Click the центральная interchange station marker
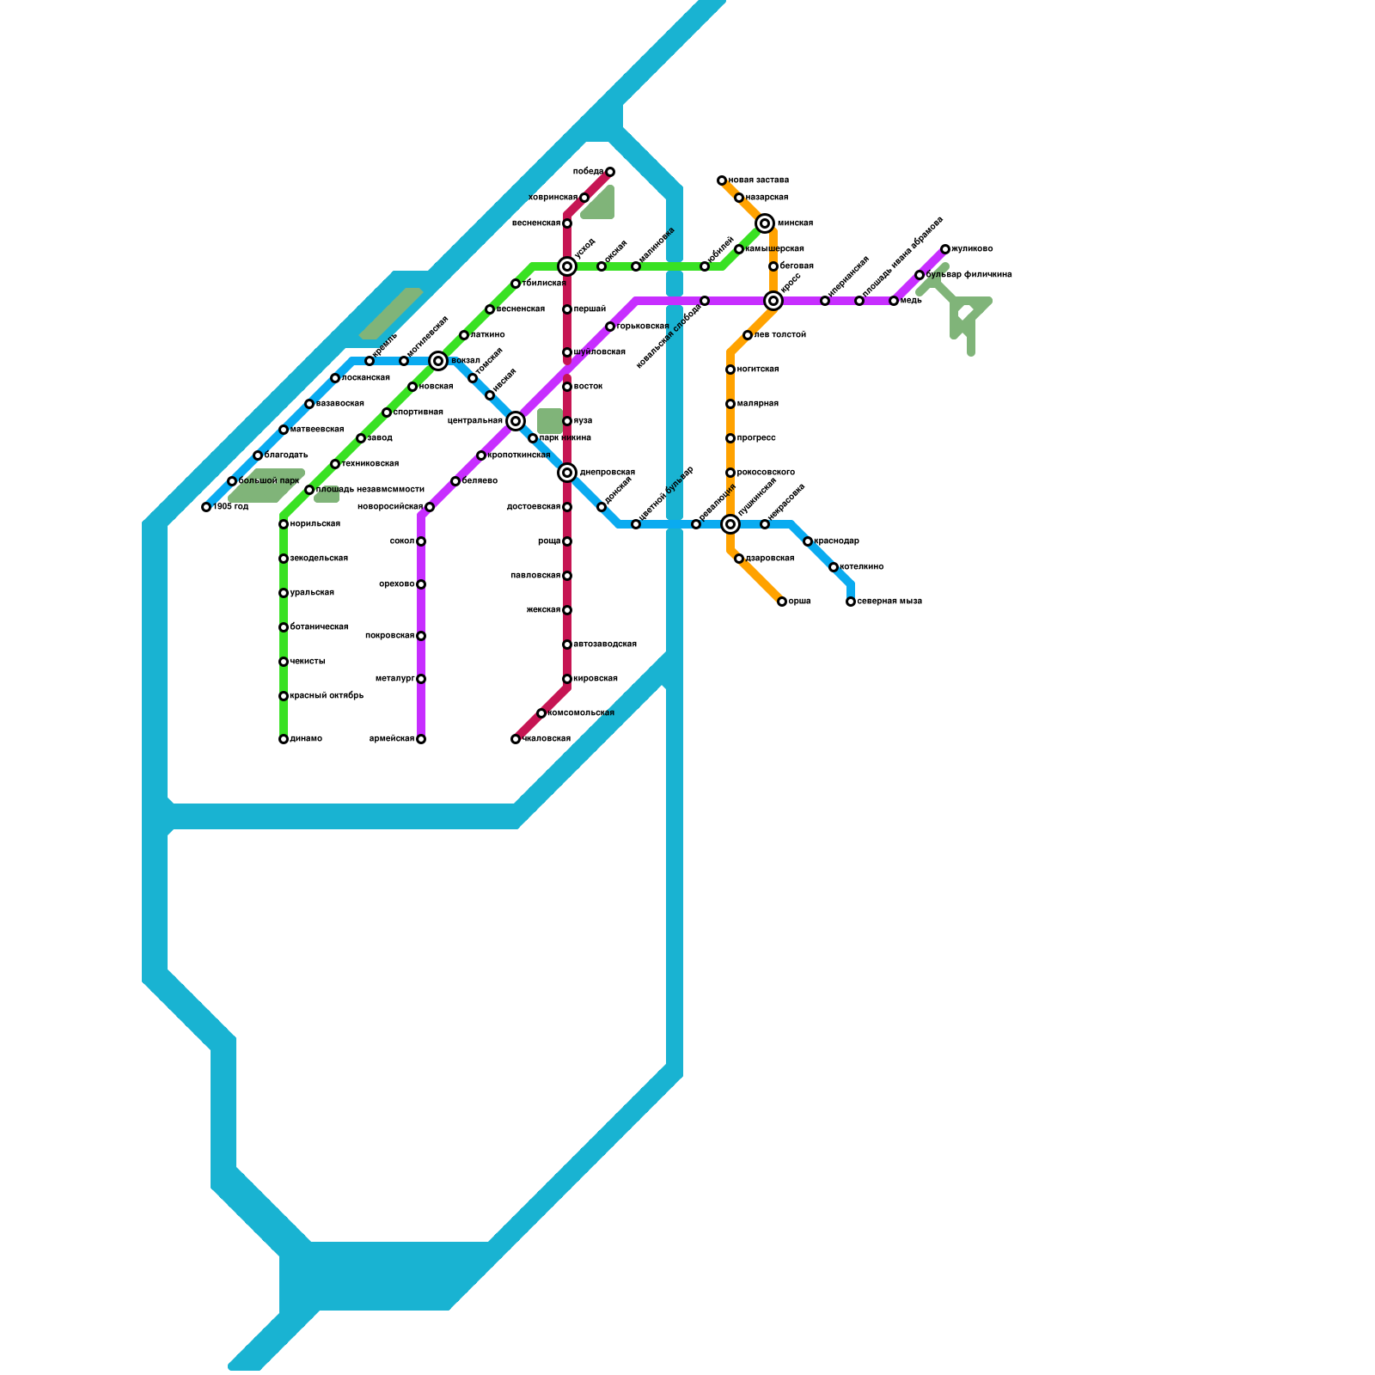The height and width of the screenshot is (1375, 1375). [x=516, y=421]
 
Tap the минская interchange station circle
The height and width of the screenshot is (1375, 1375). [x=765, y=223]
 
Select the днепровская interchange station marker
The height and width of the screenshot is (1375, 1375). [x=567, y=473]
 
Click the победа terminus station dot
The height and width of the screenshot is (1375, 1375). [x=610, y=172]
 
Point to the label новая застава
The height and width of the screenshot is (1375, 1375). [x=758, y=180]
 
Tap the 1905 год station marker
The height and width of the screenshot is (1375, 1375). [x=206, y=507]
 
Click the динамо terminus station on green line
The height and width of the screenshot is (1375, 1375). [x=284, y=739]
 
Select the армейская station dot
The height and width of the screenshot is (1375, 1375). [x=421, y=739]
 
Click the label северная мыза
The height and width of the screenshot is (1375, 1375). [x=889, y=602]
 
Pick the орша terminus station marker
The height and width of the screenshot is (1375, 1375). [x=782, y=602]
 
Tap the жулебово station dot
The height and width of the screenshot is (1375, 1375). [x=945, y=249]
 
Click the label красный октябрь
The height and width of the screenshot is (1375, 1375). [x=327, y=696]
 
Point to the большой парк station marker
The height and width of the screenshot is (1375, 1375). [x=232, y=481]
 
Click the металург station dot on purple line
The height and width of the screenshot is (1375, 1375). [x=421, y=679]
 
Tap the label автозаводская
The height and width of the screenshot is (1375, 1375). [x=605, y=645]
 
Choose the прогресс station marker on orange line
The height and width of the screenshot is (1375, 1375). [x=730, y=438]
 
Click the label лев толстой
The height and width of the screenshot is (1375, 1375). [x=780, y=335]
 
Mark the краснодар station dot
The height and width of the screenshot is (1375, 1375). [x=808, y=541]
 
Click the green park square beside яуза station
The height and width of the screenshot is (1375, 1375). [x=550, y=420]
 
